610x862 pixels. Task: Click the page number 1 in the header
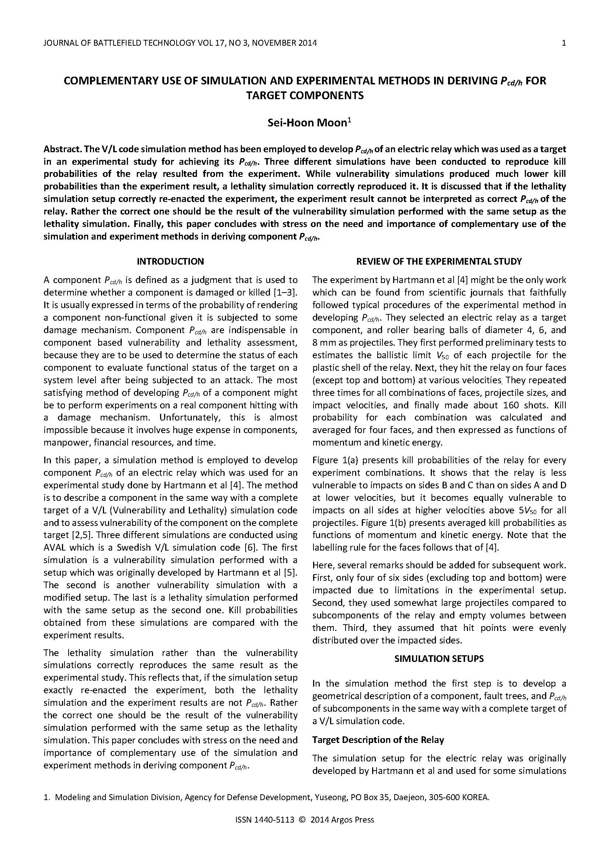[x=564, y=43]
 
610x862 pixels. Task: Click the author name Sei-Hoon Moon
[x=307, y=123]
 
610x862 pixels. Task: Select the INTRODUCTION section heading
[x=170, y=261]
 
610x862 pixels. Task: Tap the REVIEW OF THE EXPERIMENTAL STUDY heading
[x=439, y=261]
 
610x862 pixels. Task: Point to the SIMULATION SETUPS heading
[x=439, y=659]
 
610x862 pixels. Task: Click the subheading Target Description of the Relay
[x=378, y=740]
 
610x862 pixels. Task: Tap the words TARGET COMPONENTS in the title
[x=305, y=95]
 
